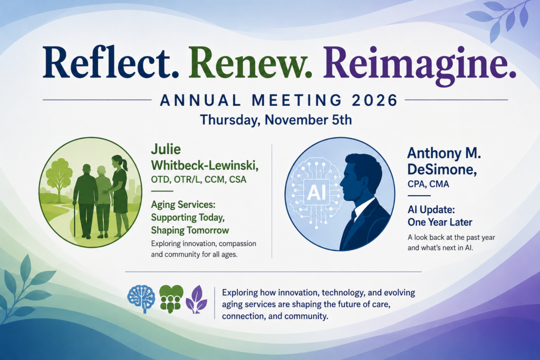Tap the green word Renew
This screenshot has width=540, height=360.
250,62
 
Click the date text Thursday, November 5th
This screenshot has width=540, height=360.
276,120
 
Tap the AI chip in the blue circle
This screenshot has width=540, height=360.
316,192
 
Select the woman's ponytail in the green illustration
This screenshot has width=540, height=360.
124,164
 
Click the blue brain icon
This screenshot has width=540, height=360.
141,298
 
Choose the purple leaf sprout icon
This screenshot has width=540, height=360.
196,299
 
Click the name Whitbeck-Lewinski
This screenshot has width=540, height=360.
205,166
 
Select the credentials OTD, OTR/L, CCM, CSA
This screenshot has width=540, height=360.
199,180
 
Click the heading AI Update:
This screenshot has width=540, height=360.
431,210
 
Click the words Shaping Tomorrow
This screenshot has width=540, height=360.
190,230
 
